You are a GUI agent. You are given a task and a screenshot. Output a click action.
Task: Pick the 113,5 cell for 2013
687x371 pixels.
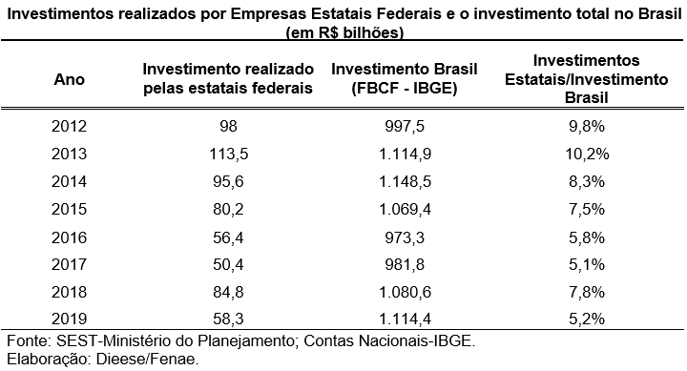(x=227, y=153)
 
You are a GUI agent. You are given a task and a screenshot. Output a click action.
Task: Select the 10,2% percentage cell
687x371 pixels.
(x=582, y=153)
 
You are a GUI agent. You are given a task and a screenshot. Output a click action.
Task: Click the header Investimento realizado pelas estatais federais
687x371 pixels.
(x=227, y=80)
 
